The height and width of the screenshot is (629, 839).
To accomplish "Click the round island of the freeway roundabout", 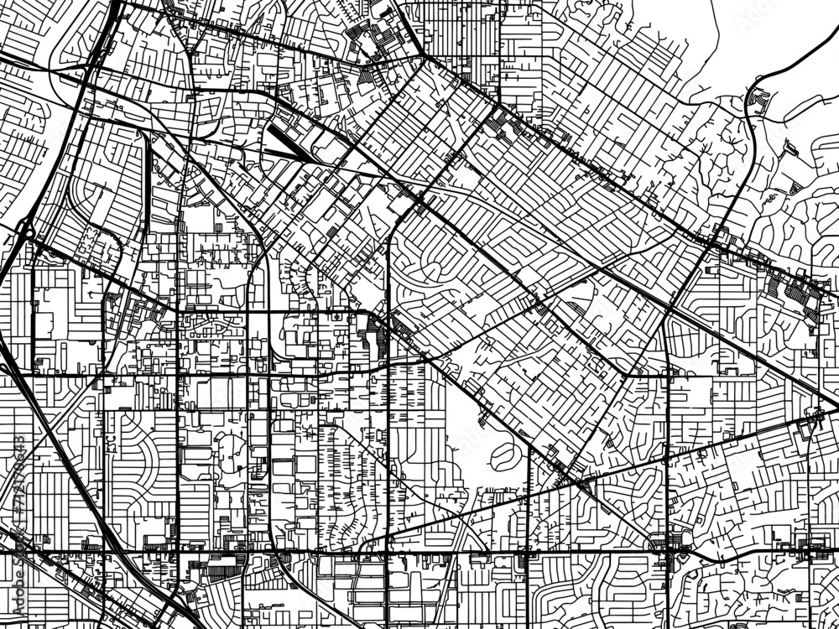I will [x=23, y=228].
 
